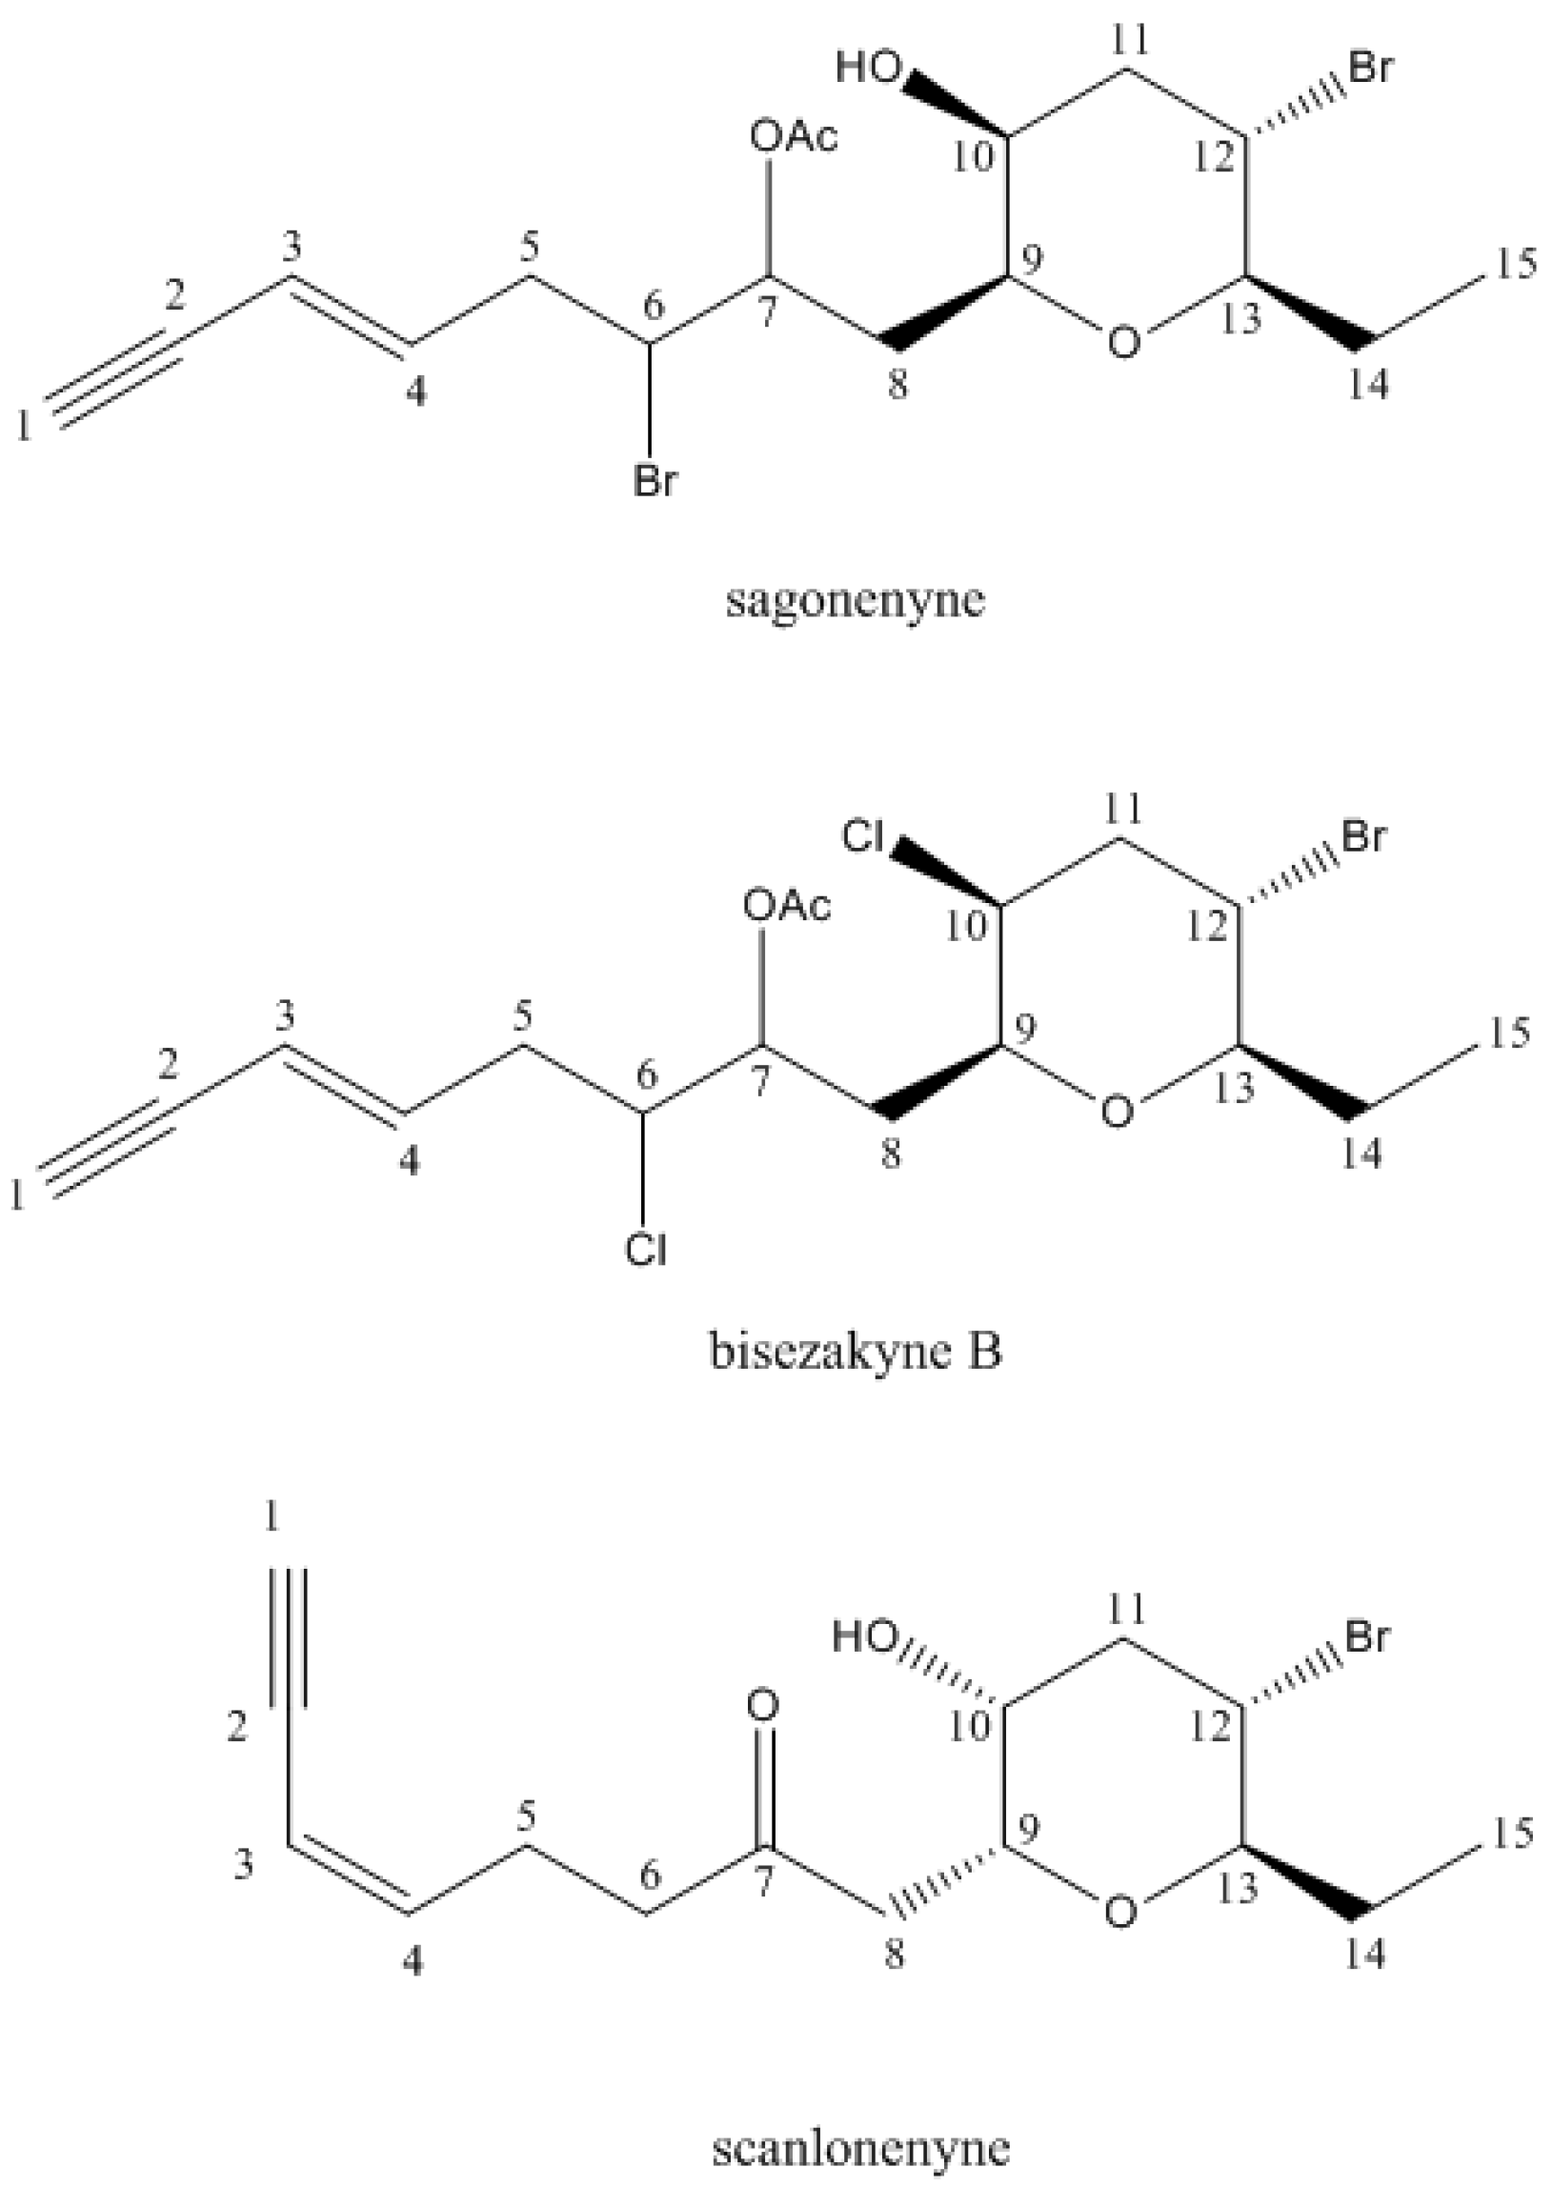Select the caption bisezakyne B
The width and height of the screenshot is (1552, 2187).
(856, 1353)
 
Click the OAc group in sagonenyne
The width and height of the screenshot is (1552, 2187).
(794, 137)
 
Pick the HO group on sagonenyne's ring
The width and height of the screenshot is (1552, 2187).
(869, 68)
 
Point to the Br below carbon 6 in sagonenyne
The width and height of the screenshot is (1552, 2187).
(654, 482)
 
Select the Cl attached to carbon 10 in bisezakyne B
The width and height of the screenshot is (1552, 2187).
(863, 838)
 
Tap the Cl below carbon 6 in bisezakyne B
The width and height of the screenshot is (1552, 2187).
(646, 1249)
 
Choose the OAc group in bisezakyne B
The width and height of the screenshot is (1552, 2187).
(788, 905)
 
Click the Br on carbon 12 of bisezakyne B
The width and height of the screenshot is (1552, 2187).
(1363, 837)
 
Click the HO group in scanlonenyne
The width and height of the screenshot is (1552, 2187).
(865, 1637)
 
